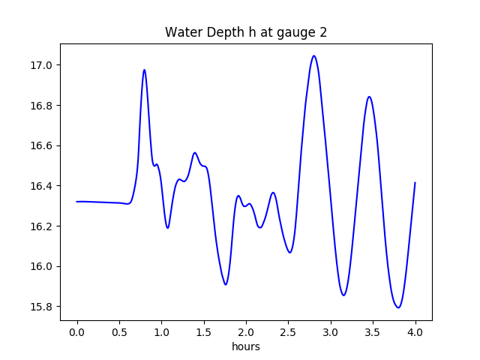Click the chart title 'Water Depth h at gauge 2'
(246, 32)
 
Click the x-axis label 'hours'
(246, 347)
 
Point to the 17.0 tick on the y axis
(42, 65)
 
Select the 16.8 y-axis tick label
(42, 106)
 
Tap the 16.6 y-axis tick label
(42, 145)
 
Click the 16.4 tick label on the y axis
(42, 186)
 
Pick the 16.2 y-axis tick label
(42, 226)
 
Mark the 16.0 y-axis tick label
(42, 266)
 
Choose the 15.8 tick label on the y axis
(42, 307)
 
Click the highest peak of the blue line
(313, 55)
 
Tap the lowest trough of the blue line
(398, 307)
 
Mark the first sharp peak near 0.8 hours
(144, 70)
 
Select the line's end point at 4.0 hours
(415, 182)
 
